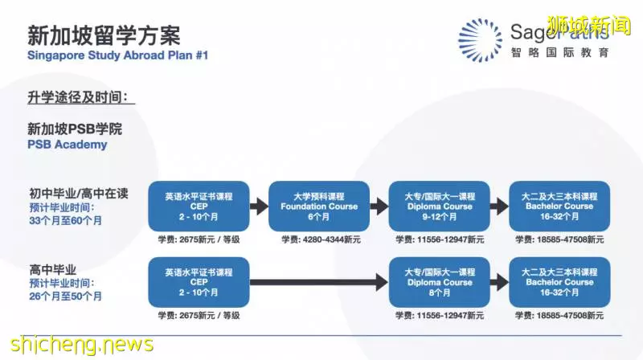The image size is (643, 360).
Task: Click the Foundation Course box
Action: [x=319, y=207]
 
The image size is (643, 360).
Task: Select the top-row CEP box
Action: [x=199, y=207]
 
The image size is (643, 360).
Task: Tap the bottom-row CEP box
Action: [x=199, y=282]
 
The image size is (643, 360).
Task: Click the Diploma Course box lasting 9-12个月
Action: [x=439, y=207]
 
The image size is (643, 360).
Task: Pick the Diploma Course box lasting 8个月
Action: [x=439, y=282]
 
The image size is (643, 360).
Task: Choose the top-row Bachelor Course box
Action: [x=559, y=207]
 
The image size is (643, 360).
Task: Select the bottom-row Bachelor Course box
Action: [x=559, y=282]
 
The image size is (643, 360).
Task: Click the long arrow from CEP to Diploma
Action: [x=319, y=282]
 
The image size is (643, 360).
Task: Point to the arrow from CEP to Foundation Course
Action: [x=259, y=207]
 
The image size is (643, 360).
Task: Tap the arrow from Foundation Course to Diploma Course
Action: [x=379, y=207]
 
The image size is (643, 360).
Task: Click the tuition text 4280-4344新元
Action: [x=321, y=239]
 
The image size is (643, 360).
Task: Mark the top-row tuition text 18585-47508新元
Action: [x=559, y=239]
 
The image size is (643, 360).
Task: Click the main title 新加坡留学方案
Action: [x=104, y=35]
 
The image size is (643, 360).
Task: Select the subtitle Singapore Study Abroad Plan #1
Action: [x=117, y=55]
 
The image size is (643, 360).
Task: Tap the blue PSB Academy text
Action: [x=68, y=145]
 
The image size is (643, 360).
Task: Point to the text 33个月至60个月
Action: [x=66, y=221]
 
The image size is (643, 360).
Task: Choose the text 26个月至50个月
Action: [x=66, y=297]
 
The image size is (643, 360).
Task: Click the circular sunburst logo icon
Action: [x=480, y=40]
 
